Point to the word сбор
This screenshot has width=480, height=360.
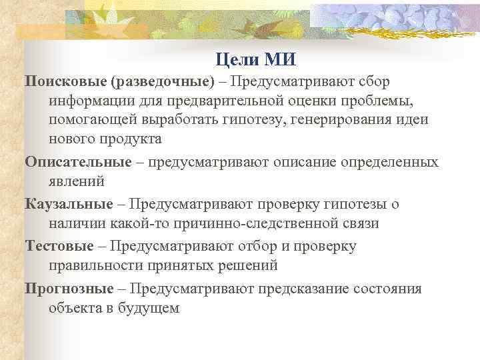click(373, 81)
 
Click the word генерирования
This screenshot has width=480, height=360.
click(363, 120)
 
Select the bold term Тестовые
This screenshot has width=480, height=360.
click(59, 247)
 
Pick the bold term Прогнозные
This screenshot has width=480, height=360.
click(65, 289)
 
